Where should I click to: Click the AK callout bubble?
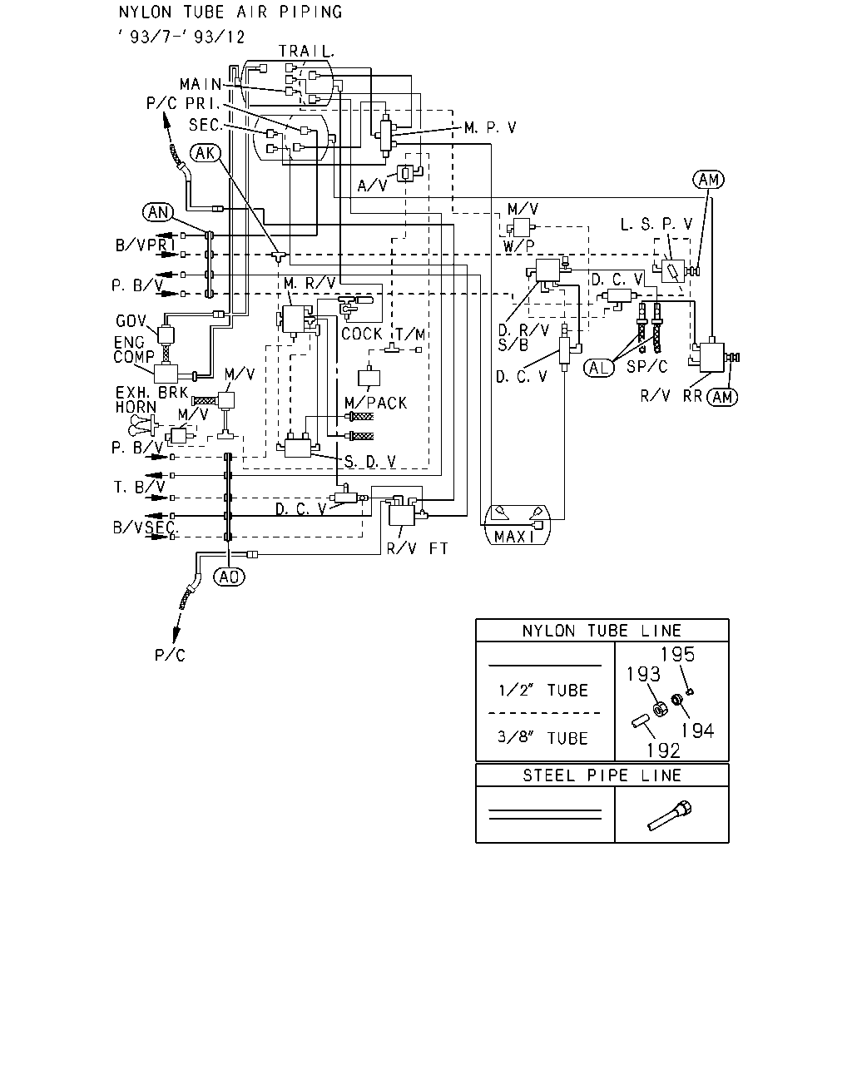point(206,153)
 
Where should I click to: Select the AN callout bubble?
point(158,212)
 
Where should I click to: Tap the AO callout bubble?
point(229,577)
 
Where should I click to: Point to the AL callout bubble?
point(599,368)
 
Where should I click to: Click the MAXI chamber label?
point(515,537)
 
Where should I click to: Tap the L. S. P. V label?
point(656,224)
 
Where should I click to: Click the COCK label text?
point(362,334)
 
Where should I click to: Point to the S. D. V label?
point(370,462)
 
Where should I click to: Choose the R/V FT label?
point(417,548)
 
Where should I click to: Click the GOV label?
point(131,321)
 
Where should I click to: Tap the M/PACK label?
point(376,403)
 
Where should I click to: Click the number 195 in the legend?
point(678,655)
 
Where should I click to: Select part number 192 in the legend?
point(664,751)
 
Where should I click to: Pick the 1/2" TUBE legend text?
point(543,691)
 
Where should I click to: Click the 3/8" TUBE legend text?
point(542,738)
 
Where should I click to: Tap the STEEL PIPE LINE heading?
point(602,775)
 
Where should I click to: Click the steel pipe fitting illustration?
point(670,815)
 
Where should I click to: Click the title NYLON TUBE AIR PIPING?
point(230,12)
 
